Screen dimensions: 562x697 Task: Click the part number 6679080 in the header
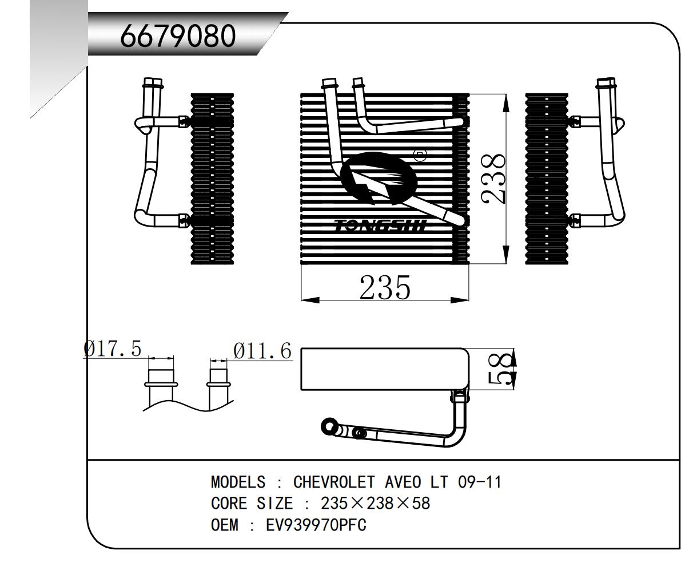coord(178,37)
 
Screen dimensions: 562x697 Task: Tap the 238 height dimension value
coord(493,178)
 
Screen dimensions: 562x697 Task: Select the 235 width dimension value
coord(385,287)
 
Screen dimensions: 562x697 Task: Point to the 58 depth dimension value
coord(500,370)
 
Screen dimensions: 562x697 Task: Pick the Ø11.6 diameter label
coord(262,350)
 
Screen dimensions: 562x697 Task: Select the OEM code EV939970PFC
coord(316,524)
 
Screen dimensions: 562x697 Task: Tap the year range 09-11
coord(480,482)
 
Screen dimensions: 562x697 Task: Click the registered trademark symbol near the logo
coord(420,155)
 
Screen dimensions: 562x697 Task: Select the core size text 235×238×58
coord(375,503)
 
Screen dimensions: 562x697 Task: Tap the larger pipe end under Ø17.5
coord(161,378)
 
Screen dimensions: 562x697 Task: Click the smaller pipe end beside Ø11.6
coord(218,378)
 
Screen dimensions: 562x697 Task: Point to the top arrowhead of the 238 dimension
coord(506,103)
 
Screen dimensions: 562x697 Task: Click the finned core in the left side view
coord(212,178)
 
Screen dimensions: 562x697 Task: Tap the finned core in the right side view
coord(547,178)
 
